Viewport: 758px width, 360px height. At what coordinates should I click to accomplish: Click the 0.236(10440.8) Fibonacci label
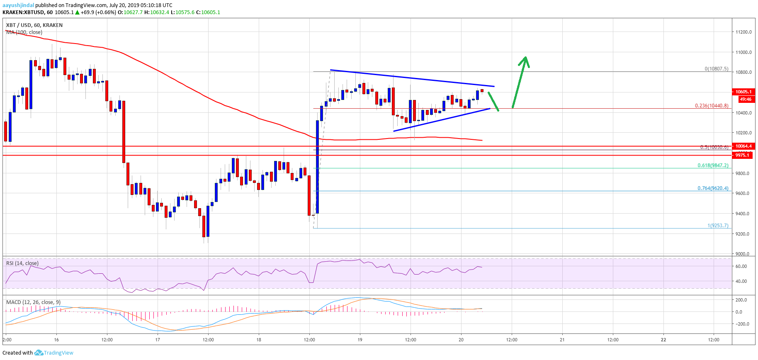pyautogui.click(x=712, y=106)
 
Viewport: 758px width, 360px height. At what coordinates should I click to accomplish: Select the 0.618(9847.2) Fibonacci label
pyautogui.click(x=713, y=165)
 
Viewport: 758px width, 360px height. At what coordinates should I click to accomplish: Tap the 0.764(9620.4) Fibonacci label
pyautogui.click(x=713, y=188)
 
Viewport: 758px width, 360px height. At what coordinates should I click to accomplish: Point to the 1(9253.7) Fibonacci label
pyautogui.click(x=718, y=226)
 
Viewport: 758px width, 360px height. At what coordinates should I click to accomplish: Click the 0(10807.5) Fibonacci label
pyautogui.click(x=717, y=69)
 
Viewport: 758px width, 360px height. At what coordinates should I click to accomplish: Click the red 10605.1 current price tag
pyautogui.click(x=743, y=92)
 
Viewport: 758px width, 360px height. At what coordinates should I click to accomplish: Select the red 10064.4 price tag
pyautogui.click(x=743, y=146)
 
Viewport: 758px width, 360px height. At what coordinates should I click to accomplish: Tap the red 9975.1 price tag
pyautogui.click(x=743, y=155)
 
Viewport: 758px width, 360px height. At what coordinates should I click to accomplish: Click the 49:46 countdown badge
pyautogui.click(x=746, y=99)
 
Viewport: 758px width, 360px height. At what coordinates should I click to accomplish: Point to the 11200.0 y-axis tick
pyautogui.click(x=743, y=32)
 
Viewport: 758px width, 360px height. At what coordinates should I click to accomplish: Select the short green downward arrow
pyautogui.click(x=493, y=101)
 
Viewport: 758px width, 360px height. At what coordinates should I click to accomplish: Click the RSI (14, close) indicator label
pyautogui.click(x=22, y=263)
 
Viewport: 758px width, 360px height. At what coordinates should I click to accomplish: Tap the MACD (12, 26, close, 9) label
pyautogui.click(x=33, y=302)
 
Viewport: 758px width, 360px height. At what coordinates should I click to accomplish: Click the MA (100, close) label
pyautogui.click(x=24, y=32)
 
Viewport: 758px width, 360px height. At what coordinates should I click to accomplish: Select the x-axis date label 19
pyautogui.click(x=360, y=340)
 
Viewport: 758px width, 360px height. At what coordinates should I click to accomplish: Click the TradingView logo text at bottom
pyautogui.click(x=58, y=353)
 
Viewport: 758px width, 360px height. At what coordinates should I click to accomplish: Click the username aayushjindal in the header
pyautogui.click(x=18, y=5)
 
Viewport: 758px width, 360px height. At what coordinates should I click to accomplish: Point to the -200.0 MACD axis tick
pyautogui.click(x=741, y=324)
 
